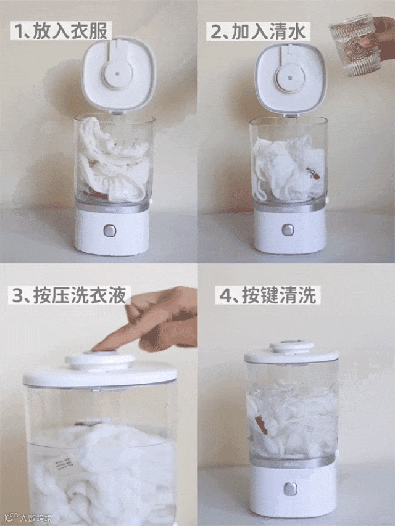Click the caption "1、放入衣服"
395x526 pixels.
click(x=61, y=31)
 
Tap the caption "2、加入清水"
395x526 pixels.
click(x=258, y=31)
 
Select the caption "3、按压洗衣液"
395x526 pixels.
click(x=70, y=295)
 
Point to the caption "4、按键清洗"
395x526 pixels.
click(x=268, y=295)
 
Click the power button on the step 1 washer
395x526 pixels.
click(x=109, y=231)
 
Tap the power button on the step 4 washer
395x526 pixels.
click(x=290, y=489)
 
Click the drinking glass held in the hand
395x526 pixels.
click(x=355, y=44)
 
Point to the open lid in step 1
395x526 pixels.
click(x=118, y=74)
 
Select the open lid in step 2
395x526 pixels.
click(x=291, y=79)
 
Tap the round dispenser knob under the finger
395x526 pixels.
click(x=100, y=360)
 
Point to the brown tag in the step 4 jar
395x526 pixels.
click(x=261, y=425)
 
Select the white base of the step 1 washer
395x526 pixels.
click(x=112, y=231)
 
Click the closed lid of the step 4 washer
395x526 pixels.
click(x=291, y=352)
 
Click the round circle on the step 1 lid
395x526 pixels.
click(x=117, y=73)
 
